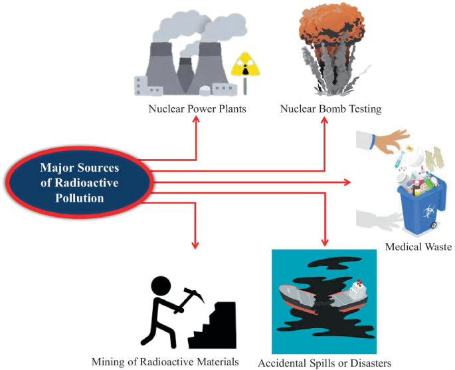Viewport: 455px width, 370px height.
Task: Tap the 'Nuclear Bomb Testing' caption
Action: coord(331,109)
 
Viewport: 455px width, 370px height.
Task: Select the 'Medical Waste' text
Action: coord(418,247)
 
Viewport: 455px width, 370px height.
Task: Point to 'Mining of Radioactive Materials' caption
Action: coord(165,361)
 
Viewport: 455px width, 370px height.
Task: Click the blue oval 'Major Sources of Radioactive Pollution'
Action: coord(79,181)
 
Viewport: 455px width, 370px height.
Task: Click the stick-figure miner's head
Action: coord(161,285)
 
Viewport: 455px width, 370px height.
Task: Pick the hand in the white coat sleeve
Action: coord(392,140)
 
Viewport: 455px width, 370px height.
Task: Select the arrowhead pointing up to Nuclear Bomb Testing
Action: coord(325,120)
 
